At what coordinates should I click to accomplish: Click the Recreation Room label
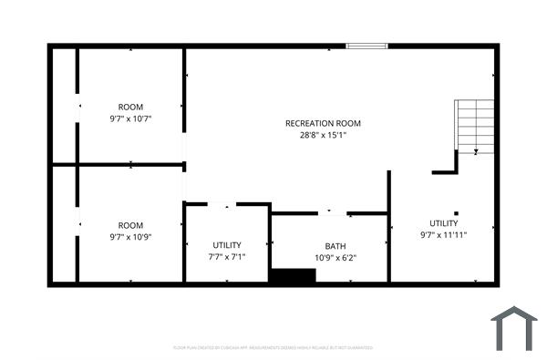(x=323, y=123)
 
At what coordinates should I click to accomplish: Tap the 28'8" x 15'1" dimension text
(x=323, y=135)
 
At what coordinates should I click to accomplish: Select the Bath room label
(x=335, y=246)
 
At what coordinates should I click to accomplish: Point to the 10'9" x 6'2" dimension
(x=335, y=258)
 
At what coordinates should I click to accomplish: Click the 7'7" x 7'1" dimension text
(x=227, y=258)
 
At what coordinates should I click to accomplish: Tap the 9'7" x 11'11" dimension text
(x=444, y=234)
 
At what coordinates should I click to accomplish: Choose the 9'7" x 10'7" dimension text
(x=130, y=118)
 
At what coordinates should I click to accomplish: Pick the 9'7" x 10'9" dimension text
(x=130, y=237)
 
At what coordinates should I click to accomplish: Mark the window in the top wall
(x=366, y=45)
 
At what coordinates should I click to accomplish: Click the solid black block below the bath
(x=292, y=275)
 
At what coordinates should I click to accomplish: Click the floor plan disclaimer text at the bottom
(x=273, y=347)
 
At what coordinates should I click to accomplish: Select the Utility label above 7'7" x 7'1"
(x=227, y=246)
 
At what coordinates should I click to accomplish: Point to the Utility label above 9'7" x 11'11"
(x=444, y=222)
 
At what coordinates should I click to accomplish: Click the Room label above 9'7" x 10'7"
(x=130, y=107)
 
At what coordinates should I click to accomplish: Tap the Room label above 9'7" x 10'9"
(x=130, y=225)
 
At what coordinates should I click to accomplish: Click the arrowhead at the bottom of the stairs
(x=476, y=151)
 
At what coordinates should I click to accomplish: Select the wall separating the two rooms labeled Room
(x=130, y=165)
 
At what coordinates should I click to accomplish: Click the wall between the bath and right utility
(x=389, y=228)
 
